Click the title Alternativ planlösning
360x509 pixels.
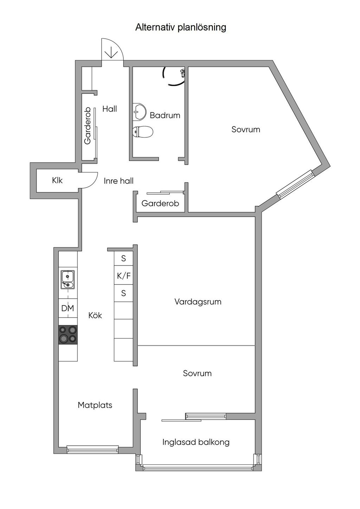pyautogui.click(x=181, y=27)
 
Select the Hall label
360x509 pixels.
pyautogui.click(x=110, y=109)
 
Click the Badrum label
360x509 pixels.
pyautogui.click(x=165, y=116)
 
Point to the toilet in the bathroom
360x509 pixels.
pyautogui.click(x=143, y=132)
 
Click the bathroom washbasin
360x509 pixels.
pyautogui.click(x=139, y=112)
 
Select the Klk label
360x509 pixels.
pyautogui.click(x=57, y=181)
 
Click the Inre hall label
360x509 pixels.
pyautogui.click(x=118, y=181)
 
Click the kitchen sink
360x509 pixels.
pyautogui.click(x=67, y=279)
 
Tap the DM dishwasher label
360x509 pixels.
pyautogui.click(x=68, y=308)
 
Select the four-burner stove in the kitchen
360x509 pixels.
pyautogui.click(x=68, y=335)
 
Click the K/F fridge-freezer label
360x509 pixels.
pyautogui.click(x=124, y=276)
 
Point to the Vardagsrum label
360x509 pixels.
pyautogui.click(x=198, y=302)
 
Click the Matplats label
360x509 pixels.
pyautogui.click(x=95, y=405)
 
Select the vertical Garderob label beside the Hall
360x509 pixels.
pyautogui.click(x=87, y=126)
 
